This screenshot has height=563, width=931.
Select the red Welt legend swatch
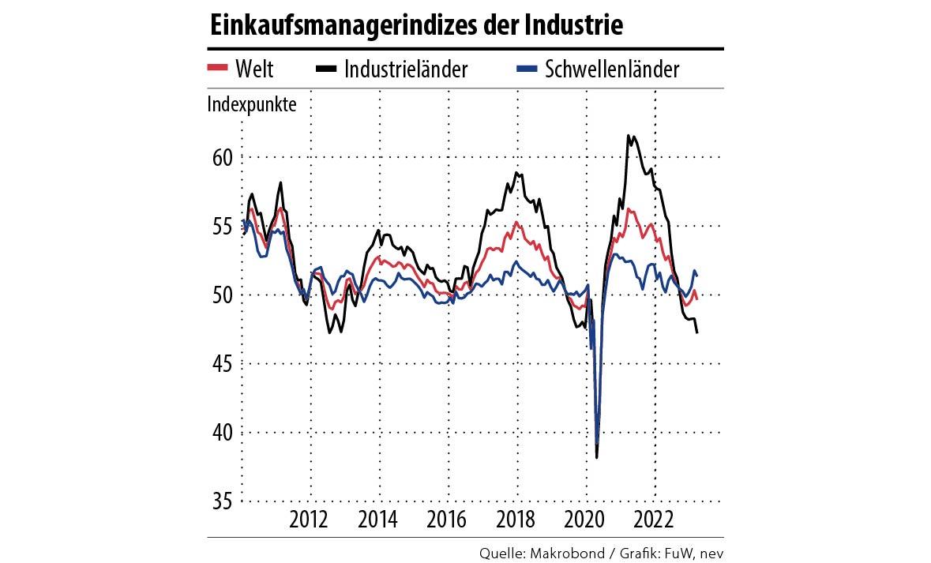[x=217, y=69]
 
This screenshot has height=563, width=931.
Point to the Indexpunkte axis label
[x=252, y=104]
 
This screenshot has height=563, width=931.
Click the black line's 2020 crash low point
[x=597, y=457]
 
